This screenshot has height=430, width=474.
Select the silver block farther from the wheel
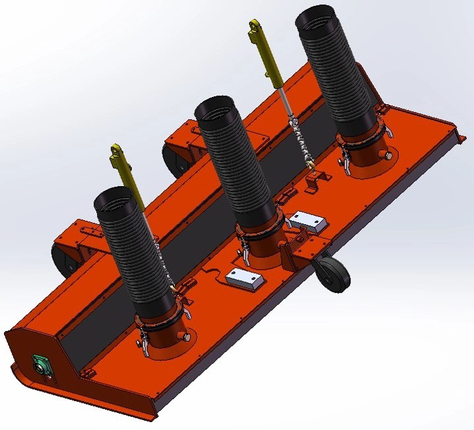click(244, 279)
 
